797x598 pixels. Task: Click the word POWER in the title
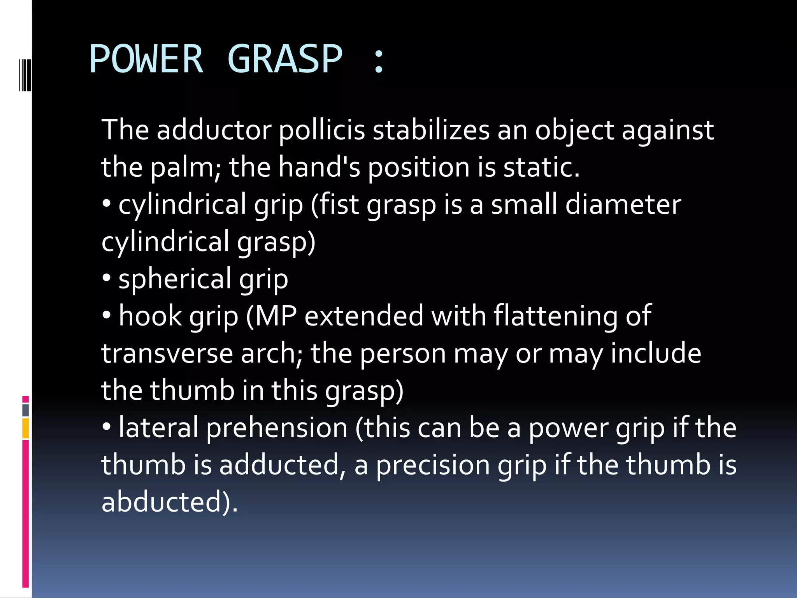pos(146,59)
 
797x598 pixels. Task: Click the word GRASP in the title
pos(284,59)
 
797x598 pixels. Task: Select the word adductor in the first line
pos(214,130)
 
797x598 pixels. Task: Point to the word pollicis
pos(322,130)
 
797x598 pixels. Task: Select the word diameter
pos(623,204)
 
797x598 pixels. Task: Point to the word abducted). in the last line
pos(169,502)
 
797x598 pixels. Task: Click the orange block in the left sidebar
pos(25,428)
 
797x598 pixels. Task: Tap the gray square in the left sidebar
pos(25,410)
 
